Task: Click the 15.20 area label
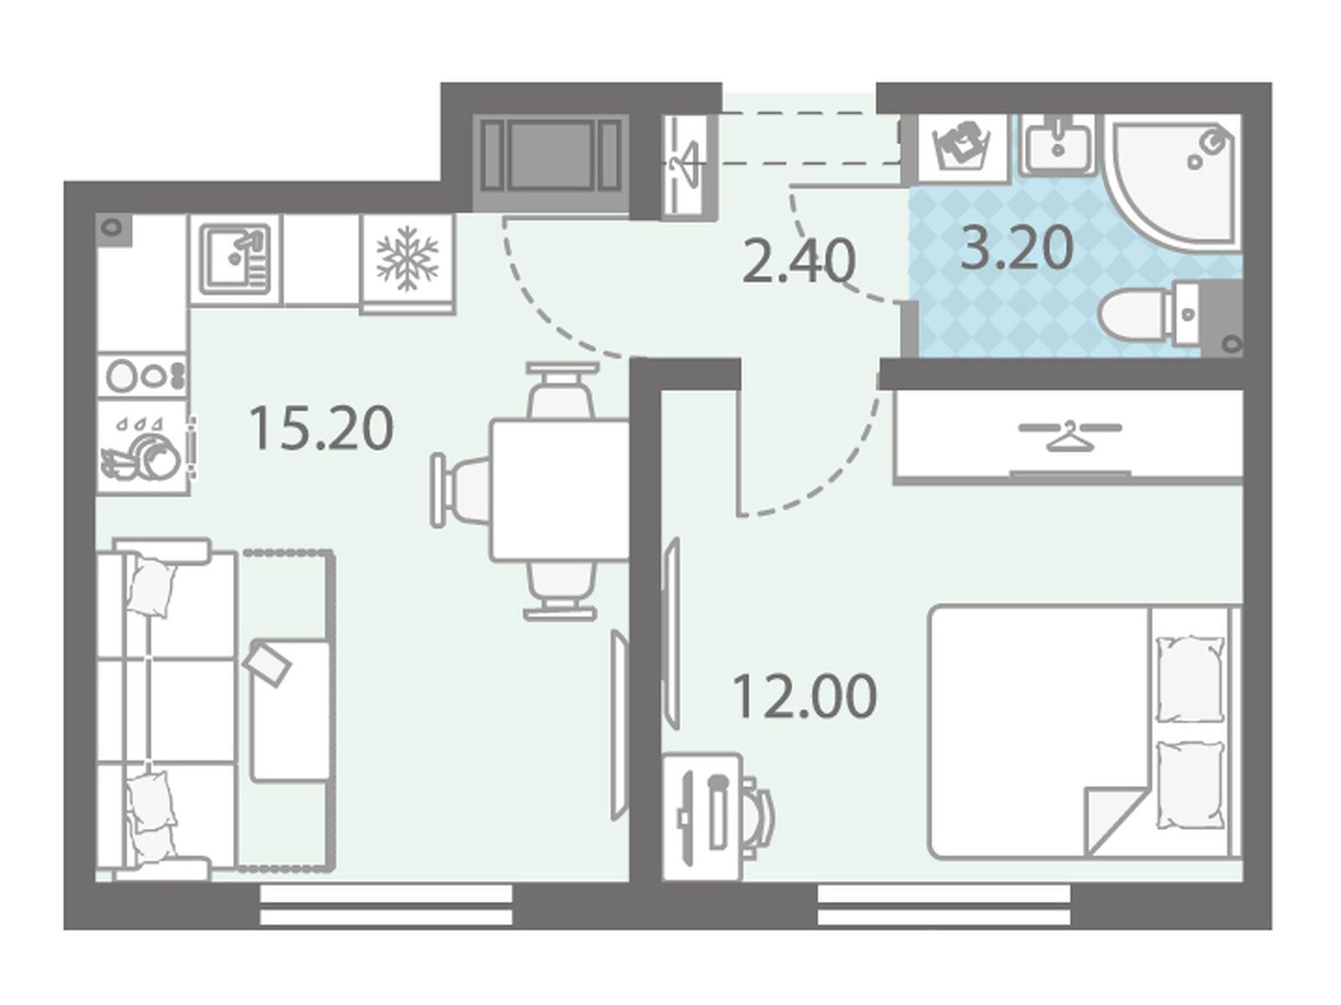coord(321,429)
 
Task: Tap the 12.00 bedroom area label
coord(804,697)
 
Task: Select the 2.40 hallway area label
coord(798,262)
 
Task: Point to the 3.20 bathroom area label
coord(1017,247)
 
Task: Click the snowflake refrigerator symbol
coord(407,259)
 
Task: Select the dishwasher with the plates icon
coord(143,447)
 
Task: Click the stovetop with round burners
coord(143,376)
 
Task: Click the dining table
coord(560,490)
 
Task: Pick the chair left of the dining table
coord(461,490)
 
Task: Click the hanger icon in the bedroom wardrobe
coord(1069,436)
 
